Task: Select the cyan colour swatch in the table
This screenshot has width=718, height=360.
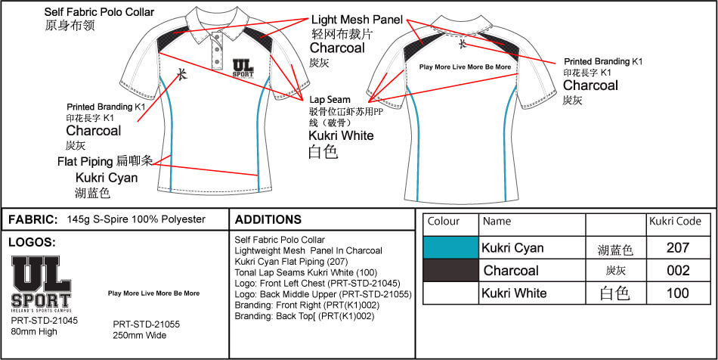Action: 450,248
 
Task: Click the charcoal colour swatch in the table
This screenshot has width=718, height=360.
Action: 450,270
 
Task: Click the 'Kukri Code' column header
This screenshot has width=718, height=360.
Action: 675,222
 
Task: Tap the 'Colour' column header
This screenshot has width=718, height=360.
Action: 444,222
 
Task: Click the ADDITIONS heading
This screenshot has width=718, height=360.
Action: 268,220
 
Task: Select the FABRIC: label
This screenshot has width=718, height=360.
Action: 32,220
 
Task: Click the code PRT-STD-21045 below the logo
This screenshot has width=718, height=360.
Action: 45,320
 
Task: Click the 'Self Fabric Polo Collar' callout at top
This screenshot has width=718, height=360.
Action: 99,12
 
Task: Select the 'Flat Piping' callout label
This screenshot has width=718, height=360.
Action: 84,161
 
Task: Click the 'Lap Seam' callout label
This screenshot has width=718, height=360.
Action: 330,99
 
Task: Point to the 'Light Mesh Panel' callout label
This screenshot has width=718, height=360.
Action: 357,20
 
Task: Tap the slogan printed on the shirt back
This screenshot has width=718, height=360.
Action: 465,67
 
